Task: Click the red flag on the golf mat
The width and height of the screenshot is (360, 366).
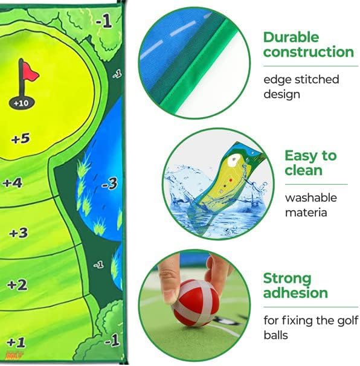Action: coord(28,73)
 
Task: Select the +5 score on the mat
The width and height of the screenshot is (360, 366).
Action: coord(20,139)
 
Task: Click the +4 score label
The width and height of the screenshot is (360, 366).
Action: coord(12,182)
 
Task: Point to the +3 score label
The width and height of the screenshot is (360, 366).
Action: coord(18,233)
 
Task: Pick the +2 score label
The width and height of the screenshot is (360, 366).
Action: coord(18,284)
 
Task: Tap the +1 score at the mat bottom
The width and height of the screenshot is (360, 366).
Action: coord(16,341)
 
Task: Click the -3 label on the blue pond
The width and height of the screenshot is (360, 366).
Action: coord(109,184)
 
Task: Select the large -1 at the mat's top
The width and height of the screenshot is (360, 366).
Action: coord(103,22)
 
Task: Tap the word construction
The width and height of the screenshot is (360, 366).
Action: coord(309,53)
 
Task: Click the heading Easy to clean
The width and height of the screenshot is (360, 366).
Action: coord(310,163)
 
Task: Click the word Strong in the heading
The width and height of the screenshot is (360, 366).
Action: coord(288,279)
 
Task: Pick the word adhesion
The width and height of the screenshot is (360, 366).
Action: coord(296,294)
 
